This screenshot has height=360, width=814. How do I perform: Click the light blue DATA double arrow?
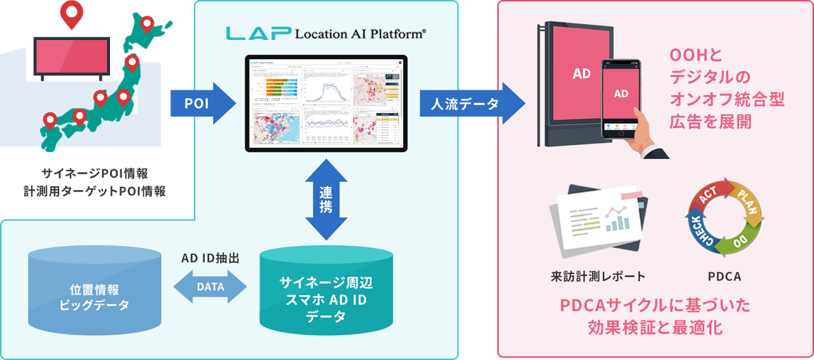coord(210,286)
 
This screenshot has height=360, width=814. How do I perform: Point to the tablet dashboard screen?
coord(326,103)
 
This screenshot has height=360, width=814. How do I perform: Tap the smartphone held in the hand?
coord(621,99)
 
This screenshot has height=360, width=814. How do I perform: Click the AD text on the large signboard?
coord(581,74)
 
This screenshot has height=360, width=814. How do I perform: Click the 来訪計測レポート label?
coord(598,276)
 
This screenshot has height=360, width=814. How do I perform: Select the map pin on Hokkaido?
coord(148,25)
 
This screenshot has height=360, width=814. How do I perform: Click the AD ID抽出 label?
coord(209,260)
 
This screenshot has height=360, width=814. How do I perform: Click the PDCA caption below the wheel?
coord(724,277)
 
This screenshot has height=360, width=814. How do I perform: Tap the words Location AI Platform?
coord(360,34)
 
